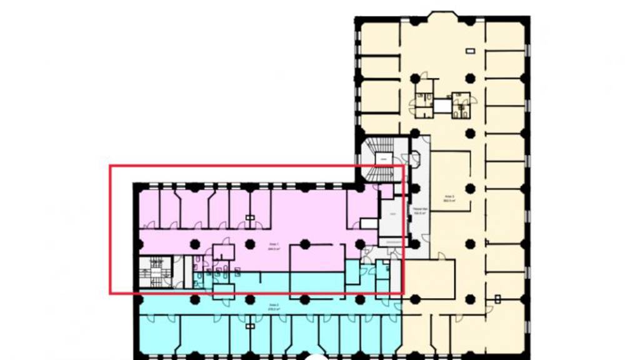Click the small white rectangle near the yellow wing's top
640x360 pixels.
469,50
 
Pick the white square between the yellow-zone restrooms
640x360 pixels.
442,105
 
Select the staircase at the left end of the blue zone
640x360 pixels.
152,272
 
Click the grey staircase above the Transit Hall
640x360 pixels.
379,159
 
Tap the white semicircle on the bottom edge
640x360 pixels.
317,356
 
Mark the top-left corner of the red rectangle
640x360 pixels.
110,166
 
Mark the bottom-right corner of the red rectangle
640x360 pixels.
403,292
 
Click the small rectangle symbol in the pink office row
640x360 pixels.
250,218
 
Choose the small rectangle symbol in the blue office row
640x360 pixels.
250,326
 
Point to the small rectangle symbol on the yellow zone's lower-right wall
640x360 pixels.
498,299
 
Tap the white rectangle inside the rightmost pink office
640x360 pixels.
367,223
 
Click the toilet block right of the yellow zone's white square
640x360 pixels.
461,105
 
